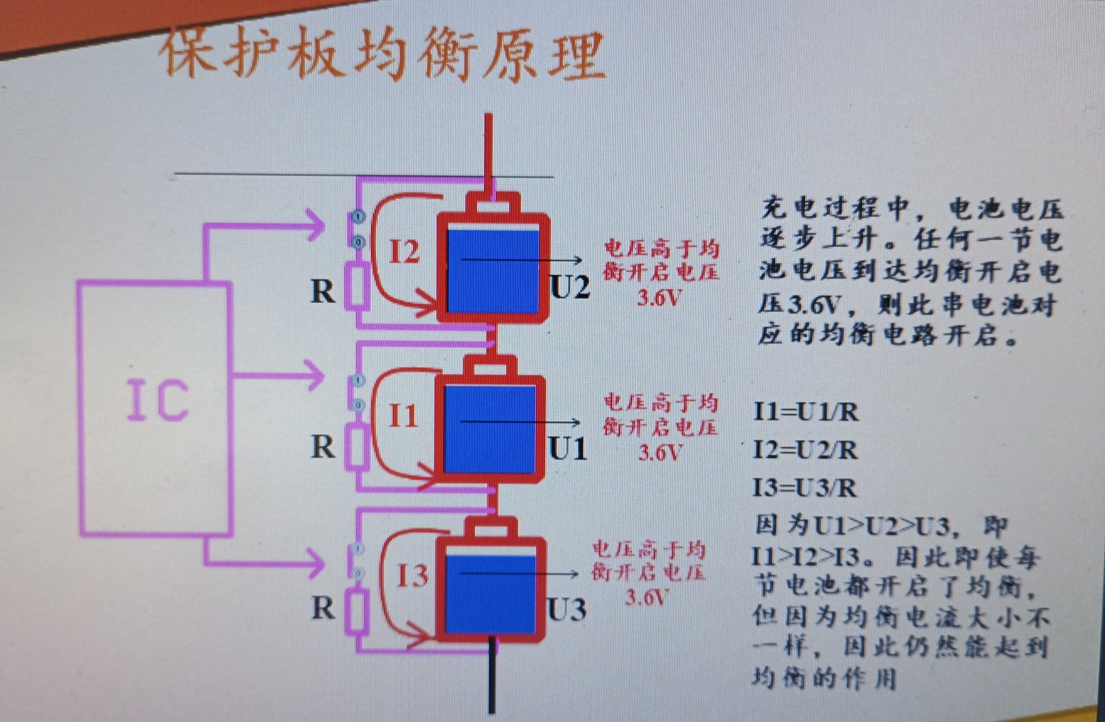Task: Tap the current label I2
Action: pyautogui.click(x=404, y=251)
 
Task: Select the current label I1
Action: pyautogui.click(x=403, y=416)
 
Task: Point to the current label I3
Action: pyautogui.click(x=412, y=576)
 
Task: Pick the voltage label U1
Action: pyautogui.click(x=568, y=449)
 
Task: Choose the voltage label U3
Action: pyautogui.click(x=566, y=609)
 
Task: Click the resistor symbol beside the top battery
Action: pyautogui.click(x=357, y=285)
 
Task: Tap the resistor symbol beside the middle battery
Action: pyautogui.click(x=357, y=447)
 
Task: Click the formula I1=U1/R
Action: pyautogui.click(x=805, y=412)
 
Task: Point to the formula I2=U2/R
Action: pyautogui.click(x=805, y=450)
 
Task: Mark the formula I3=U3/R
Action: pyautogui.click(x=805, y=488)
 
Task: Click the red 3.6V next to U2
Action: pyautogui.click(x=659, y=297)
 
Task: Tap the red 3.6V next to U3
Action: pyautogui.click(x=646, y=596)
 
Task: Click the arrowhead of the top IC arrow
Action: pyautogui.click(x=316, y=225)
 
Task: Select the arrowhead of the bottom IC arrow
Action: pyautogui.click(x=316, y=563)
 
